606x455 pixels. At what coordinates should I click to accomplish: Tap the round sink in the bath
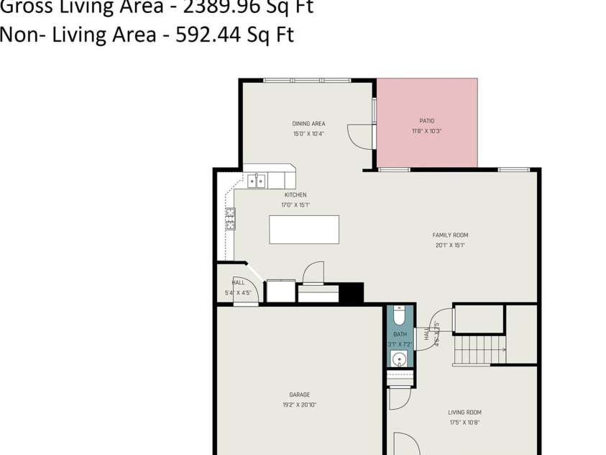click(x=400, y=359)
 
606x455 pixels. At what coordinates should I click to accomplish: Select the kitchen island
click(x=303, y=230)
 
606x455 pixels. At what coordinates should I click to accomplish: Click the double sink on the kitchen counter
click(x=257, y=181)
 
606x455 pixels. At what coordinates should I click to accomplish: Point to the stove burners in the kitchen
click(x=231, y=218)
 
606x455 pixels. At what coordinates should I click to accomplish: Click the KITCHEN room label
click(x=295, y=195)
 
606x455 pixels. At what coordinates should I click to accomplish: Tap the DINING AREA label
click(x=308, y=124)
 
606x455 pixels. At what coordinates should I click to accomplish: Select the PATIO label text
click(x=427, y=121)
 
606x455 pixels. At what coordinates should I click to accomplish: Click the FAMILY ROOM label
click(x=450, y=235)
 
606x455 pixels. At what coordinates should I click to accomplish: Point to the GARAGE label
click(x=299, y=395)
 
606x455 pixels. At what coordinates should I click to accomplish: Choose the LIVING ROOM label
click(x=465, y=413)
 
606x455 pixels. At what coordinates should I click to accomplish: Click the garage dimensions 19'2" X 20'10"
click(x=299, y=405)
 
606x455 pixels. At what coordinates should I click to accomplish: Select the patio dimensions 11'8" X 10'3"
click(x=427, y=131)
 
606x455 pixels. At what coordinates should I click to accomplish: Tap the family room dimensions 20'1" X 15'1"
click(x=450, y=245)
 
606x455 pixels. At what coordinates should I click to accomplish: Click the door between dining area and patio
click(x=360, y=135)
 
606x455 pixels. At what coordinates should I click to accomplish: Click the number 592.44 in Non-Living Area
click(x=206, y=35)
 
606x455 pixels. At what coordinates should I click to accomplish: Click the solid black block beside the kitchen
click(x=351, y=293)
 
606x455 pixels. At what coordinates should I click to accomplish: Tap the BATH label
click(x=400, y=335)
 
